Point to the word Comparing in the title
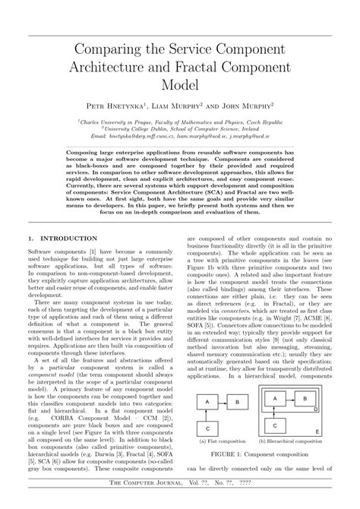pyautogui.click(x=109, y=48)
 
